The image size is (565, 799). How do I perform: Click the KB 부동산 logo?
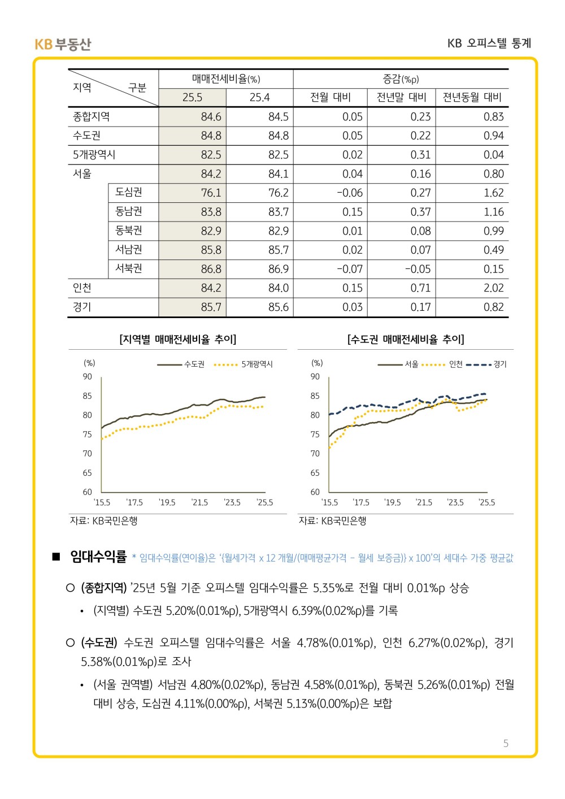coord(63,44)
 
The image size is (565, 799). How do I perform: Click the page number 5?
coord(506,744)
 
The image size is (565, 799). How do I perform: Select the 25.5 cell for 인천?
coord(211,288)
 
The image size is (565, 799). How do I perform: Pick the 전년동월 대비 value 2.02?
coord(493,288)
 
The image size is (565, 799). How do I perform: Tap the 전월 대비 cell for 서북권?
coord(350,269)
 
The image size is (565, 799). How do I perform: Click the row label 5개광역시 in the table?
coord(94,154)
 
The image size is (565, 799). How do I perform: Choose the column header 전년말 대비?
coord(401,97)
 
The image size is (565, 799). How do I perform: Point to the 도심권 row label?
coord(128,192)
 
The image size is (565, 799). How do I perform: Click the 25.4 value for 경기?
coord(278,307)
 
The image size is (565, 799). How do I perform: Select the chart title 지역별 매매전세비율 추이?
coord(177,339)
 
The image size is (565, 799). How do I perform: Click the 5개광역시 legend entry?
coord(244,364)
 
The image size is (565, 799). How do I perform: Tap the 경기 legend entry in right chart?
coord(486,364)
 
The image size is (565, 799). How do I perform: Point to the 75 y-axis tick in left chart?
coord(87,434)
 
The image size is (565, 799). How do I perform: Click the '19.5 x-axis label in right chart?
coord(392,502)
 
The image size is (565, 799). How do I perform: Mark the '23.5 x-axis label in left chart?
coord(232,502)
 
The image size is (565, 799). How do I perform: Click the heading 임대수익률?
coord(98,557)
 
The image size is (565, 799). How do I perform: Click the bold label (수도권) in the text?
coord(99,642)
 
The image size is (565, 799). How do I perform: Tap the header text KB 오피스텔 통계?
coord(489,43)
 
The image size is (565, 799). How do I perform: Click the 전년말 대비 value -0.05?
coord(418,269)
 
